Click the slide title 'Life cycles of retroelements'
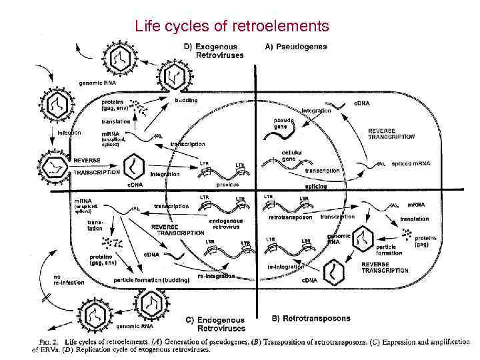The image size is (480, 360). tap(231, 27)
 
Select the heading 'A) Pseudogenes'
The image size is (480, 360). tap(296, 47)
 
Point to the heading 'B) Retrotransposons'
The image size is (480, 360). tap(311, 319)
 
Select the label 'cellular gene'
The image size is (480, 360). tap(292, 156)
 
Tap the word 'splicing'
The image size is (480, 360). tap(315, 187)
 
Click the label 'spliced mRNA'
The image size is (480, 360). tap(411, 163)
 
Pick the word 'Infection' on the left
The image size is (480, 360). tap(69, 133)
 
